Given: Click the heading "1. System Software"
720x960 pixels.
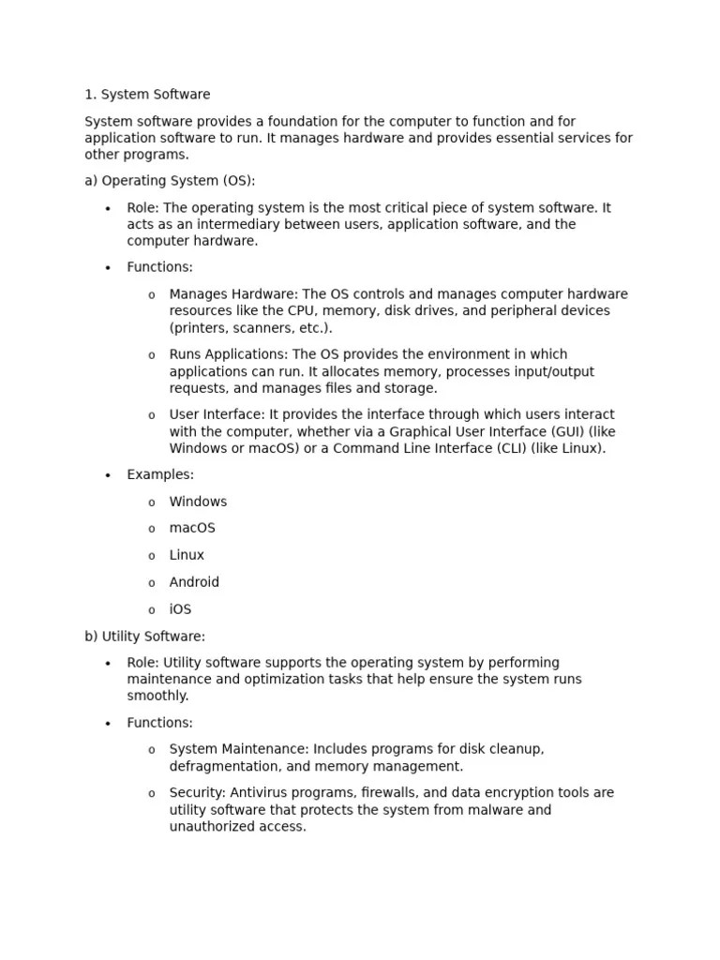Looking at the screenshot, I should pyautogui.click(x=147, y=95).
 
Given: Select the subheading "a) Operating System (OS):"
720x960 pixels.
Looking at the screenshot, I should pyautogui.click(x=170, y=181).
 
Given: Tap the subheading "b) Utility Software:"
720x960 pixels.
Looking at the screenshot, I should pyautogui.click(x=144, y=637).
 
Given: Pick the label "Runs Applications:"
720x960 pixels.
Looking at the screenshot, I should pyautogui.click(x=229, y=354).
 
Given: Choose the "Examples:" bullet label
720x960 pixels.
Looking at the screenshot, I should pyautogui.click(x=160, y=475).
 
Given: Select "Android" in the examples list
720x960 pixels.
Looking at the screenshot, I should pyautogui.click(x=194, y=582).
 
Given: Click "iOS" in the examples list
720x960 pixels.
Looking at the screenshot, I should pyautogui.click(x=180, y=609).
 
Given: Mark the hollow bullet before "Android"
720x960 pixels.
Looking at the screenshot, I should pyautogui.click(x=152, y=583).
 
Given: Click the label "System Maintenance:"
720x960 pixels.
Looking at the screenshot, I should pyautogui.click(x=239, y=750).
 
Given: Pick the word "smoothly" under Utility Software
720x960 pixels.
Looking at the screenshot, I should pyautogui.click(x=157, y=697).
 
